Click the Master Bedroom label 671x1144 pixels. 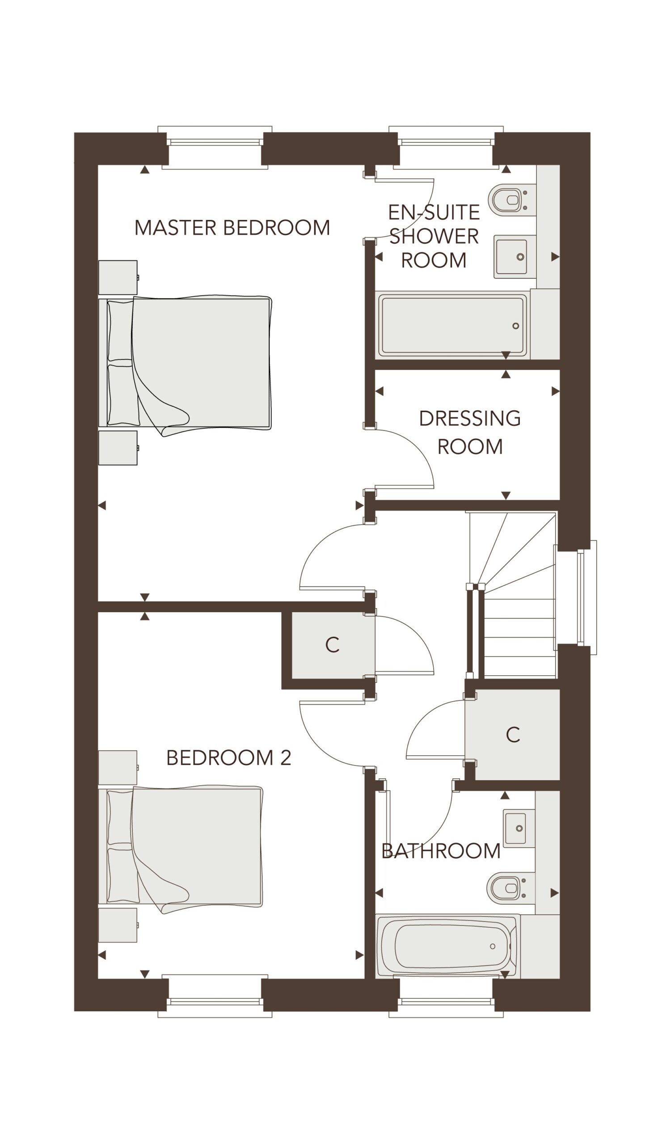[x=232, y=228]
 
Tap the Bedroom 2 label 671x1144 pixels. [x=228, y=757]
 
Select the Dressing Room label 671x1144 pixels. [x=470, y=433]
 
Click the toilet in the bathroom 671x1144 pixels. [x=507, y=887]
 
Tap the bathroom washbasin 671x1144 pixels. [x=516, y=829]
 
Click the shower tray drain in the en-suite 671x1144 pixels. [x=516, y=326]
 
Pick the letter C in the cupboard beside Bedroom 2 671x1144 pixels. [x=332, y=645]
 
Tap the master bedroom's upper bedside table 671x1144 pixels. [x=118, y=278]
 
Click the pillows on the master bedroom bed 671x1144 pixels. [x=123, y=363]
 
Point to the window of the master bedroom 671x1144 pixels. [x=215, y=147]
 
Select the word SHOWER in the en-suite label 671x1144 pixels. [x=434, y=236]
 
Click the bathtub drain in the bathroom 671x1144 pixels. [x=493, y=946]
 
